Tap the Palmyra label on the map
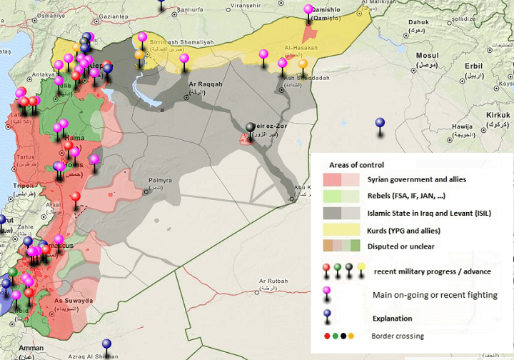[x=160, y=181]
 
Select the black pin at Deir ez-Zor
[x=250, y=127]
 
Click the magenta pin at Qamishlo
[x=308, y=10]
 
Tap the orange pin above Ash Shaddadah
[x=303, y=64]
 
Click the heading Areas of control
[x=356, y=165]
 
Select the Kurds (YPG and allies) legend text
[x=404, y=231]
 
